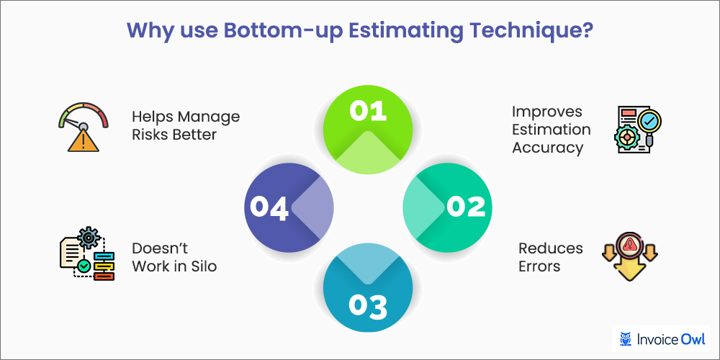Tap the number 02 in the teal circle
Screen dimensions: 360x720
point(466,207)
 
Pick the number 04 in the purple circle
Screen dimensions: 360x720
point(269,207)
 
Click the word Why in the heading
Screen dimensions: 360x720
point(149,32)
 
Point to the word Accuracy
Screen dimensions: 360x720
point(547,148)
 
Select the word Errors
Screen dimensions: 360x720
point(540,266)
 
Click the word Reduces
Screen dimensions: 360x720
point(550,248)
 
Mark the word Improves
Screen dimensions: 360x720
point(537,112)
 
